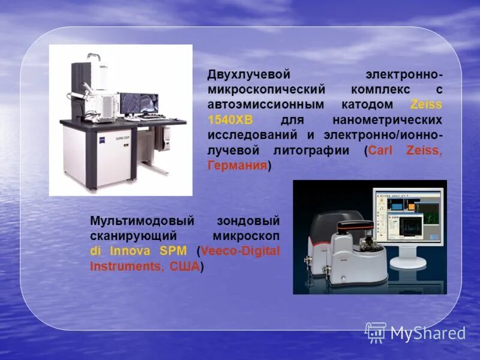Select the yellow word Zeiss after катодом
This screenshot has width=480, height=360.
tap(426, 105)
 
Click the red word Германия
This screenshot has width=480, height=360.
tap(237, 166)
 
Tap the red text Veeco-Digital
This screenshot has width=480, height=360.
tap(240, 251)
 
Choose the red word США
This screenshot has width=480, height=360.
tap(184, 266)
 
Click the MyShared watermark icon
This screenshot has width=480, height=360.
tap(376, 332)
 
